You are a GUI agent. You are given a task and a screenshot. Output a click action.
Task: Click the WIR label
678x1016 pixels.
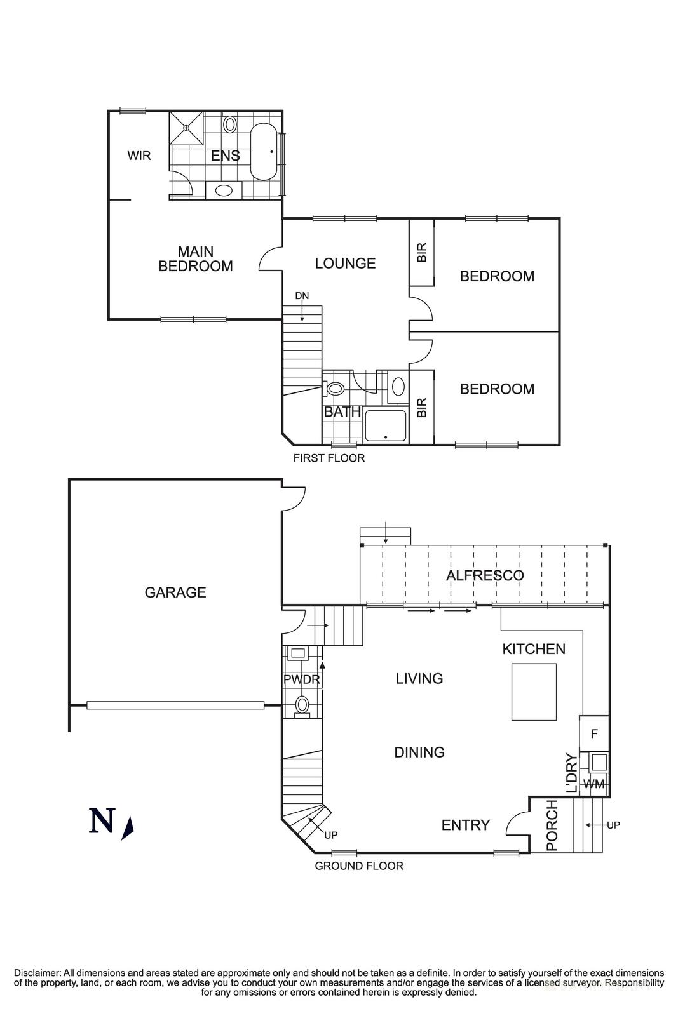(x=139, y=156)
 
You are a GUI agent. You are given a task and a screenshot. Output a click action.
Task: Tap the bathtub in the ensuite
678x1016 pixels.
(x=263, y=152)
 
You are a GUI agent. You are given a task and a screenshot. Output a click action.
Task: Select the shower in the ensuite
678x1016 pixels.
(x=186, y=128)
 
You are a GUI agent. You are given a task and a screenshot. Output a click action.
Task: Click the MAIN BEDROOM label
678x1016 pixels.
(x=195, y=259)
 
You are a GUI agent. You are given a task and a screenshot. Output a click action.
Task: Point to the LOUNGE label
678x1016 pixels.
(x=345, y=263)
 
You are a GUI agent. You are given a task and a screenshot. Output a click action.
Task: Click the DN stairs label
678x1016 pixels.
(x=302, y=296)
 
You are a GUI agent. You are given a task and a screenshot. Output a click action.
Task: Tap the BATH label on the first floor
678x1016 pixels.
(x=342, y=412)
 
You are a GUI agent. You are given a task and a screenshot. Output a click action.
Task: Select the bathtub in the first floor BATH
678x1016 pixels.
(x=385, y=426)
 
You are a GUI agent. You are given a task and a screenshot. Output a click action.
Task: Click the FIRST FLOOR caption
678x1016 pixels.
(x=329, y=458)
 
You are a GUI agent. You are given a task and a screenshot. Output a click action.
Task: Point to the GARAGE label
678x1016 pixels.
(x=175, y=592)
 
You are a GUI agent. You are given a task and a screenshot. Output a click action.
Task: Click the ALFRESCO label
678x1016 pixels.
(x=485, y=575)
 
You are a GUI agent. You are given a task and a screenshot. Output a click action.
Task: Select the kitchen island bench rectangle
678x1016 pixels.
(x=534, y=692)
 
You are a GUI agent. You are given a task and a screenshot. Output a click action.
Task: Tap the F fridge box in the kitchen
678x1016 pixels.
(x=594, y=733)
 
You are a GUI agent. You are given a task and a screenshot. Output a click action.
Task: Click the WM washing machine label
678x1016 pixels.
(x=593, y=784)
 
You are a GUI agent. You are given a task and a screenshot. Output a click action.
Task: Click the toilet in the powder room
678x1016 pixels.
(x=302, y=704)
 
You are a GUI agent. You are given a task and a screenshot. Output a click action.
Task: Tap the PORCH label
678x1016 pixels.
(x=552, y=825)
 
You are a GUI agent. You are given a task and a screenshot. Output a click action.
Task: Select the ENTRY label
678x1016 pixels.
(x=465, y=825)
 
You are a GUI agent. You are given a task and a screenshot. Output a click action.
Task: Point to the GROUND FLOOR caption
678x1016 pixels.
(x=359, y=866)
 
